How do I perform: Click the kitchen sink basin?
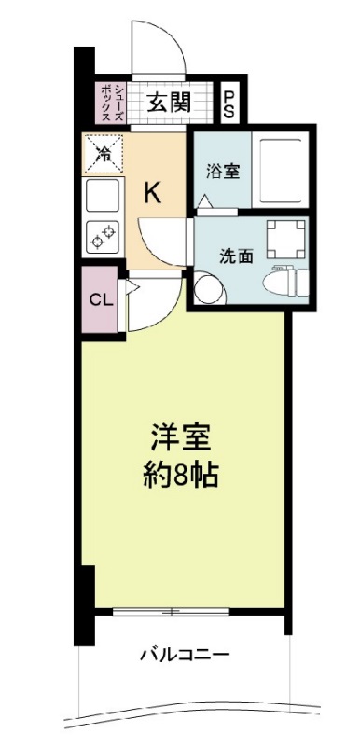tap(103, 197)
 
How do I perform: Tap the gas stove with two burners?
tap(103, 237)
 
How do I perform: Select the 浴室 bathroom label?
tap(223, 172)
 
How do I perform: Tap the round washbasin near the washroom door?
tap(209, 290)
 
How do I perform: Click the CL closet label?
tap(99, 300)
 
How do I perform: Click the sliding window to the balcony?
tap(172, 612)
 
